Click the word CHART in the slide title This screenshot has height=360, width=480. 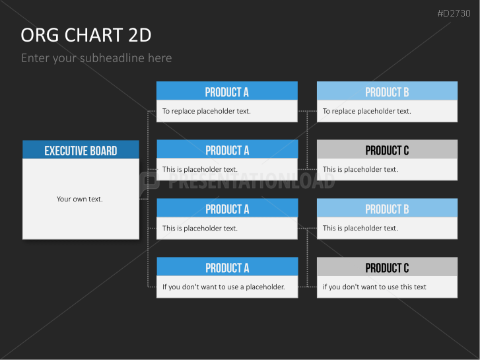pyautogui.click(x=93, y=35)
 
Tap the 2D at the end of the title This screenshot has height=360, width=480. pyautogui.click(x=140, y=35)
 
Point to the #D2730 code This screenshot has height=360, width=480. pyautogui.click(x=454, y=13)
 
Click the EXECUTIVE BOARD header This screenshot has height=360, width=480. pyautogui.click(x=81, y=151)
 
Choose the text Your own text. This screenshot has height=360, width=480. pyautogui.click(x=80, y=199)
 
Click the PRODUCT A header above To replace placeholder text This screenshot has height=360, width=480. pyautogui.click(x=227, y=92)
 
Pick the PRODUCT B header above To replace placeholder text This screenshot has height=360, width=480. pyautogui.click(x=387, y=92)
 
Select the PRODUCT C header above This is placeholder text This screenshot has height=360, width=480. pyautogui.click(x=387, y=151)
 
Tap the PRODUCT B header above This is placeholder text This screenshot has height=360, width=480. pyautogui.click(x=387, y=209)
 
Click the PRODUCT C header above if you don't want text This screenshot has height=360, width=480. pyautogui.click(x=387, y=268)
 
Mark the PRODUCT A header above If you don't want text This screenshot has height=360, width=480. pyautogui.click(x=227, y=268)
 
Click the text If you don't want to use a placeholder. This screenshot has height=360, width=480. pyautogui.click(x=223, y=287)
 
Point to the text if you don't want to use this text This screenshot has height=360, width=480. pyautogui.click(x=374, y=287)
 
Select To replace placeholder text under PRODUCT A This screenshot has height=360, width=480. pyautogui.click(x=206, y=111)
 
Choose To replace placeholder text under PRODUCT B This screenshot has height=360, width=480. pyautogui.click(x=366, y=111)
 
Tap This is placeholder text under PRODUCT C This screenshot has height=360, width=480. pyautogui.click(x=360, y=169)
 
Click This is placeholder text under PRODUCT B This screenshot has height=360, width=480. pyautogui.click(x=360, y=228)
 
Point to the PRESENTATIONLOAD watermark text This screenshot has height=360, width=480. pyautogui.click(x=252, y=181)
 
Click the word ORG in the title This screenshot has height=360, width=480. pyautogui.click(x=40, y=35)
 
